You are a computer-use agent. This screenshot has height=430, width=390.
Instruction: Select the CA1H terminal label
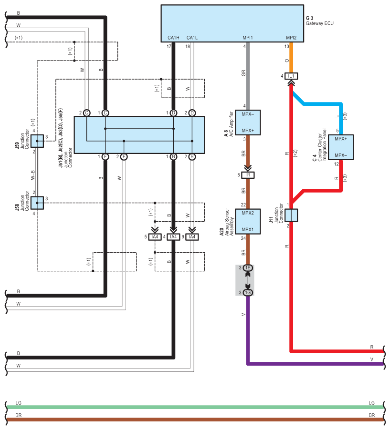click(173, 38)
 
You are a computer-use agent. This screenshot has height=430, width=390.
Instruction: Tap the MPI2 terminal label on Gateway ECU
click(291, 38)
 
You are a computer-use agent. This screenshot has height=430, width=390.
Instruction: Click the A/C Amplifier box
click(248, 123)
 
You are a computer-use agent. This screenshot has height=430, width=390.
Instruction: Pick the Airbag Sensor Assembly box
click(248, 221)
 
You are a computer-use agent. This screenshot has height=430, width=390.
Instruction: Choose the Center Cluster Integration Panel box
click(340, 147)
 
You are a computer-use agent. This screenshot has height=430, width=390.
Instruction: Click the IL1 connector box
click(292, 76)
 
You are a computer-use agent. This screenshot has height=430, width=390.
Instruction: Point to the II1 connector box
click(248, 175)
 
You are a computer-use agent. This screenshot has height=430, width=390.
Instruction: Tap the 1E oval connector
click(248, 268)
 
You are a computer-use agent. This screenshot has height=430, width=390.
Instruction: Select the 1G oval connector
click(248, 292)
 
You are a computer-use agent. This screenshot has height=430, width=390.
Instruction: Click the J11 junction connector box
click(291, 215)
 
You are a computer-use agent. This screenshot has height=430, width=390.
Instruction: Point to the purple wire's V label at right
click(372, 358)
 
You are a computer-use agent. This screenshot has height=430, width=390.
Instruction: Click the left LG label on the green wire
click(18, 402)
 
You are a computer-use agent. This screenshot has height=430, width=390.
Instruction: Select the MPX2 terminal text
click(248, 213)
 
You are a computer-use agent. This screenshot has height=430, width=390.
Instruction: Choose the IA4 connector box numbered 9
click(192, 237)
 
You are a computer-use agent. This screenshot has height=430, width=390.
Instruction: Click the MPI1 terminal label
click(247, 38)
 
